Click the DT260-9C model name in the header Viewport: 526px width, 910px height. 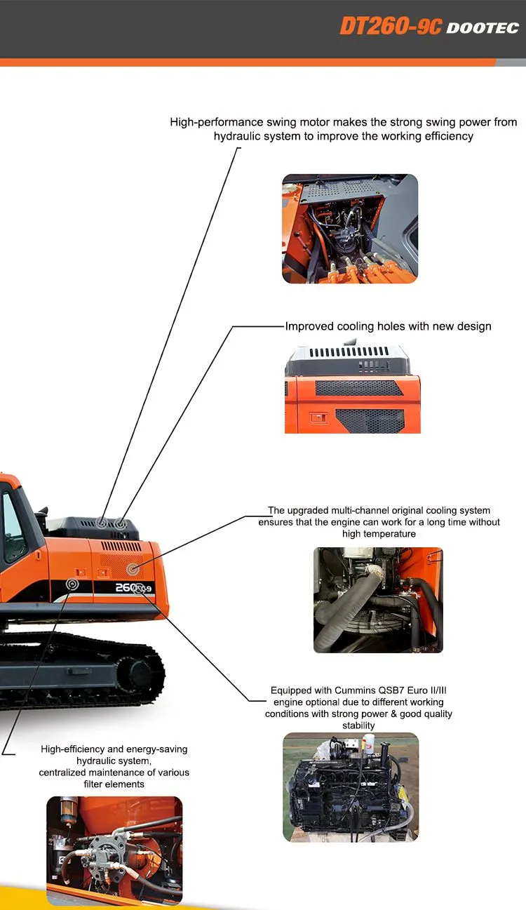point(391,26)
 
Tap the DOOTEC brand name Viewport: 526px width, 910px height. point(483,27)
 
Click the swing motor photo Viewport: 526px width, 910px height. point(350,229)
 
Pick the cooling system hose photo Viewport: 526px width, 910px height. point(378,600)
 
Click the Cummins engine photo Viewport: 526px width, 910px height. point(350,787)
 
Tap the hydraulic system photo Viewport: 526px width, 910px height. point(114,850)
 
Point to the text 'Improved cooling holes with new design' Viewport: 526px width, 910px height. point(388,326)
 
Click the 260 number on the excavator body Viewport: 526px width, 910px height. point(126,587)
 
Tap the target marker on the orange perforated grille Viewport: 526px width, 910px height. point(133,566)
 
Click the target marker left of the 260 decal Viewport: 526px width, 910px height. point(73,584)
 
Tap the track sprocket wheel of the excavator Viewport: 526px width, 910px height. point(141,674)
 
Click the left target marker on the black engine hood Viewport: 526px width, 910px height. point(102,522)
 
